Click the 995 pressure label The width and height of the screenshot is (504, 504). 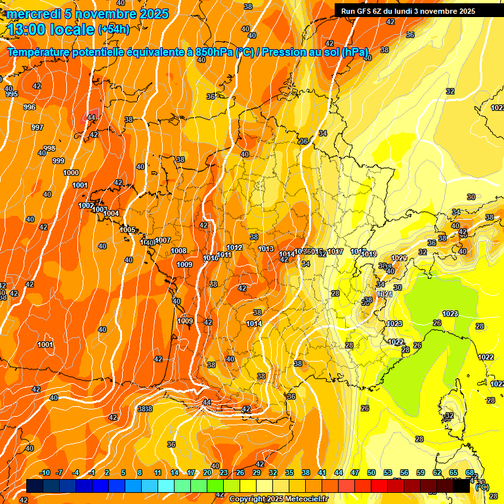click(x=12, y=94)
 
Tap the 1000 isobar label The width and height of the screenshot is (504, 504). click(x=71, y=173)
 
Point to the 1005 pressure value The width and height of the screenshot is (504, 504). click(x=127, y=230)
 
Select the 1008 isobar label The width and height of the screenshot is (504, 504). click(x=178, y=251)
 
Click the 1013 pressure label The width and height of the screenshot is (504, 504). click(x=266, y=249)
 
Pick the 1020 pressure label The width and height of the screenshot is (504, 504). click(x=399, y=258)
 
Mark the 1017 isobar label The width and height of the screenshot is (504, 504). click(x=335, y=252)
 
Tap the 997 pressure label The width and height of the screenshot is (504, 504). click(x=37, y=127)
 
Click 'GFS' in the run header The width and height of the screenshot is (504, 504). click(x=363, y=11)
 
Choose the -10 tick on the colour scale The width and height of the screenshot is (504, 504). click(x=45, y=472)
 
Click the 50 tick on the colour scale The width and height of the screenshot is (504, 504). click(x=371, y=472)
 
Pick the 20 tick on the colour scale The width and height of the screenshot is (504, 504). click(x=207, y=472)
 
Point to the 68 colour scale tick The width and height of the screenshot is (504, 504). click(x=470, y=472)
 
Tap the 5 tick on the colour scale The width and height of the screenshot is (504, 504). click(x=123, y=472)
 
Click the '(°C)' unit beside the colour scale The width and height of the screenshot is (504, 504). click(x=482, y=487)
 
